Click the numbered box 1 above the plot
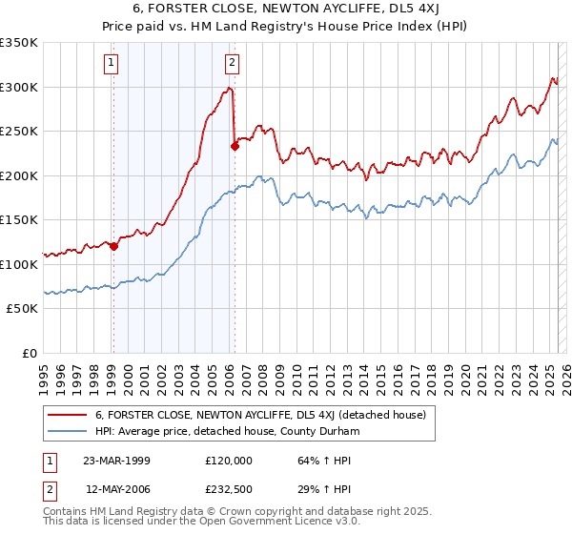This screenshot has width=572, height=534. click(x=112, y=64)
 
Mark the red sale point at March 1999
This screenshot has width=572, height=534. click(x=113, y=246)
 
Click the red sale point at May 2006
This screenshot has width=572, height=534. click(x=235, y=146)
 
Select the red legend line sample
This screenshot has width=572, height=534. click(x=69, y=414)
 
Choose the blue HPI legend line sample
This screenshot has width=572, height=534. click(x=69, y=430)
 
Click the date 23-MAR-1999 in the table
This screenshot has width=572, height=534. click(x=116, y=460)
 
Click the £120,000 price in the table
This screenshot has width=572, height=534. click(x=228, y=460)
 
